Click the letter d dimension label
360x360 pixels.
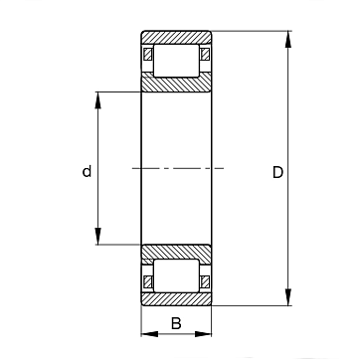click(87, 171)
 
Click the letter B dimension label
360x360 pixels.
click(176, 323)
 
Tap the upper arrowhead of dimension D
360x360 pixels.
click(288, 39)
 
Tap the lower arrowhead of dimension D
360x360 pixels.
click(288, 297)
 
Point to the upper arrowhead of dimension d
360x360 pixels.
click(97, 100)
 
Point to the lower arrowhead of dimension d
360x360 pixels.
click(97, 236)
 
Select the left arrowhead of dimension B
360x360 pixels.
click(150, 334)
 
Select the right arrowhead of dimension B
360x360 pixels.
click(203, 334)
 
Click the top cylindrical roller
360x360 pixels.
click(176, 61)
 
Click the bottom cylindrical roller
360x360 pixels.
click(176, 275)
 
